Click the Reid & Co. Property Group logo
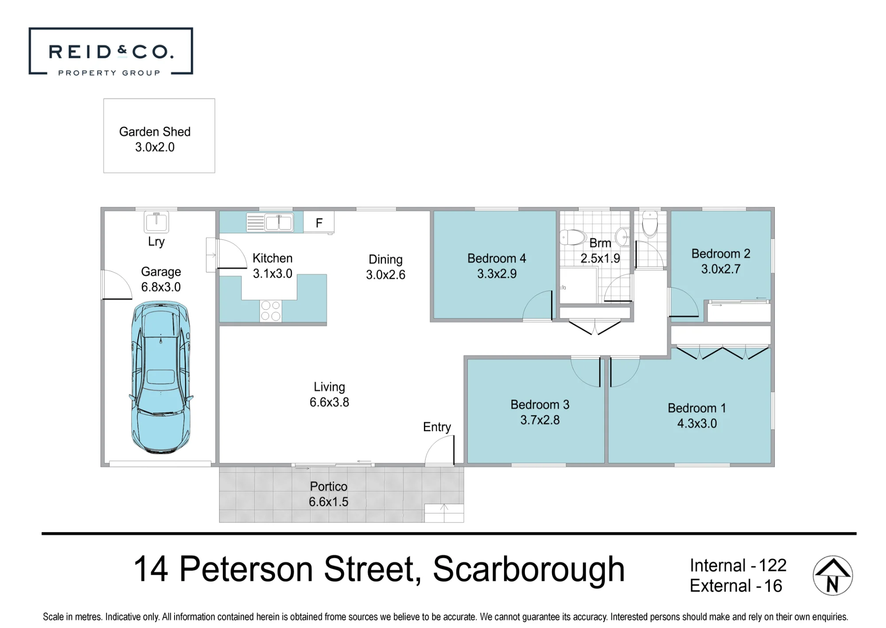tap(111, 51)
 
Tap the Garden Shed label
tap(155, 132)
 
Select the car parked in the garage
tap(161, 377)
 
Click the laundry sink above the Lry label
tap(156, 222)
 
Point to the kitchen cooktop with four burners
tap(271, 311)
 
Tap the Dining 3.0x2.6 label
tap(385, 267)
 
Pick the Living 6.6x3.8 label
tap(329, 394)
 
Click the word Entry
tap(437, 427)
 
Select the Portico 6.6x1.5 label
tap(328, 494)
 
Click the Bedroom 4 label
tap(497, 258)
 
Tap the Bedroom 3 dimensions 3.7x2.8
tap(540, 420)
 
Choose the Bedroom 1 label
tap(697, 408)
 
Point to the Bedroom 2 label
tap(721, 254)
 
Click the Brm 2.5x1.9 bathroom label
tap(600, 250)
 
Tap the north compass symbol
tap(833, 575)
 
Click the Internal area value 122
tap(773, 566)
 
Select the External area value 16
tap(773, 586)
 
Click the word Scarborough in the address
tap(528, 570)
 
